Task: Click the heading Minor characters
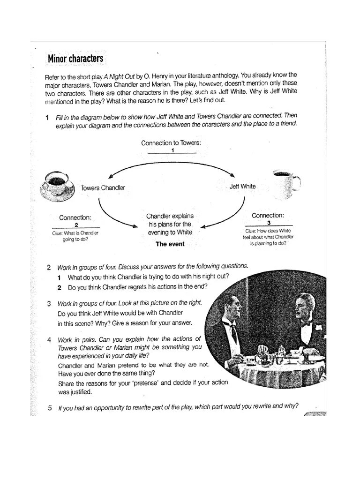(75, 59)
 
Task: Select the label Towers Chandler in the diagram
(103, 188)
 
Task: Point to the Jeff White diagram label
(242, 186)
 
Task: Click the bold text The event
(170, 244)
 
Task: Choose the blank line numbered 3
(268, 223)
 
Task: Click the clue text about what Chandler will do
(75, 236)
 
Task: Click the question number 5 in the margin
(49, 408)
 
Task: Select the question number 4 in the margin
(49, 339)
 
